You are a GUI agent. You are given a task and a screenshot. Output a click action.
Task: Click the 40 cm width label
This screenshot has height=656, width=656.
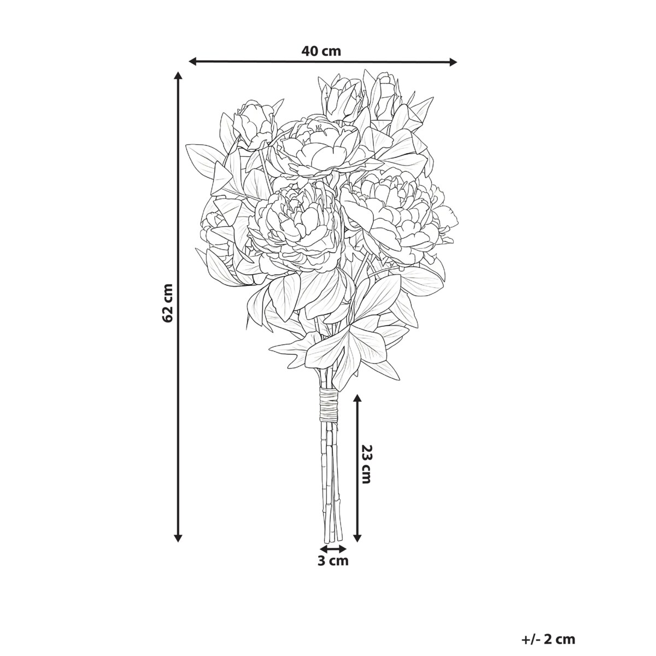[321, 51]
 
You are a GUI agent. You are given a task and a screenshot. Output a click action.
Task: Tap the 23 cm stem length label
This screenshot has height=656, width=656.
[367, 464]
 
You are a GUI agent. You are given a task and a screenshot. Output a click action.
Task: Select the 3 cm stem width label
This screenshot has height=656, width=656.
[333, 560]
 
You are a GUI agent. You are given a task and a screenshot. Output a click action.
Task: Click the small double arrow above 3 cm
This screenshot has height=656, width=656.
[333, 548]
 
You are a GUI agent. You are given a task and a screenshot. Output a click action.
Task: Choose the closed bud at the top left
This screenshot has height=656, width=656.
[256, 123]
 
